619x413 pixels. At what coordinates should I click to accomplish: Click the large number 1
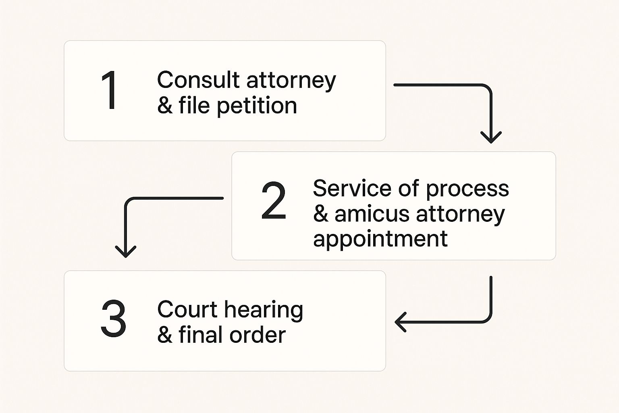click(x=110, y=90)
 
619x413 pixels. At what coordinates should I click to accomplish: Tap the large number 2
click(x=274, y=201)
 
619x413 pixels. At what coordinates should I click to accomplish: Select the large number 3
click(x=113, y=319)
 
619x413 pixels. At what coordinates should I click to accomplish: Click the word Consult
click(x=198, y=80)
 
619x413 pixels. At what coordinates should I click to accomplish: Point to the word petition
click(x=257, y=106)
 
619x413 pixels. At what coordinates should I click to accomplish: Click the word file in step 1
click(x=194, y=106)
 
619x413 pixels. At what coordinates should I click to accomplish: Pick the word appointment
click(x=380, y=240)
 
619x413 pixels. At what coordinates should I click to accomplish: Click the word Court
click(x=187, y=310)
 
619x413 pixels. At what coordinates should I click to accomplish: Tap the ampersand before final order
click(x=164, y=335)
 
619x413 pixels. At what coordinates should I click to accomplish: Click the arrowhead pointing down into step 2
click(x=491, y=138)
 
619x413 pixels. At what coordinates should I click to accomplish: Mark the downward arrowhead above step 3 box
click(x=126, y=251)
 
